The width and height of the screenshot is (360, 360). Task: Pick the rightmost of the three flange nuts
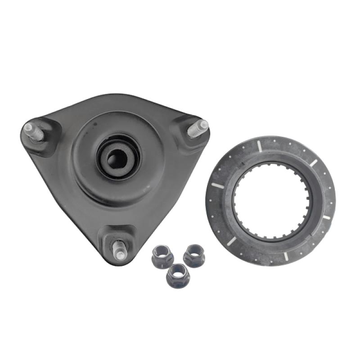(x=194, y=254)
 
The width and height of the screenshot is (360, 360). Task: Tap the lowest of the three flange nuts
(x=176, y=274)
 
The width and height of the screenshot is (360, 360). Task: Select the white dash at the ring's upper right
(x=314, y=162)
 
